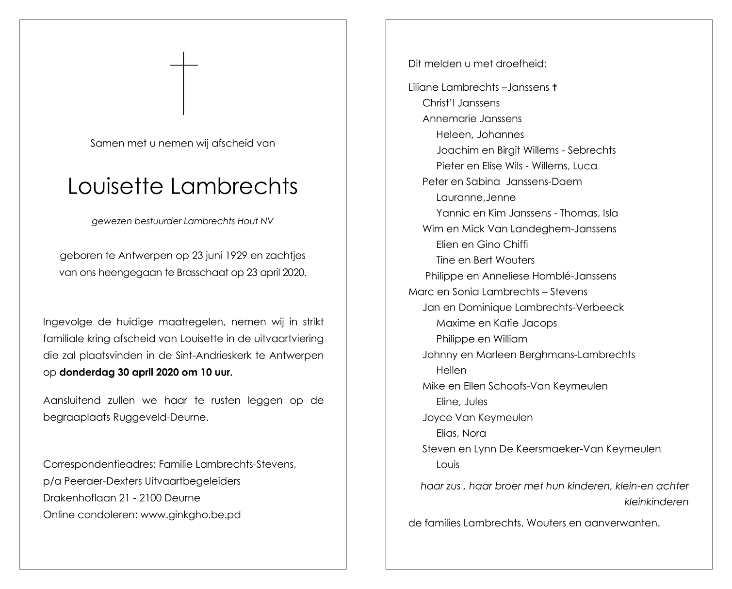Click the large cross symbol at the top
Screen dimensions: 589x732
coord(184,82)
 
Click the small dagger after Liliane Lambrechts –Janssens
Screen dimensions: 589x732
coord(554,87)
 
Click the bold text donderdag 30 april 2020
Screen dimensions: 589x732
coord(114,373)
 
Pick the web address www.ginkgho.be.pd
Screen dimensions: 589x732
coord(191,515)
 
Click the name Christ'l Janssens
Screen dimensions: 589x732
coord(461,103)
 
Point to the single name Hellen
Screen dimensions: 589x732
coord(451,370)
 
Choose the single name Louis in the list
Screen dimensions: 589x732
coord(448,464)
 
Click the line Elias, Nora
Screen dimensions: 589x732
coord(461,433)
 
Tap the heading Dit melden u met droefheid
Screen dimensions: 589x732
coord(477,64)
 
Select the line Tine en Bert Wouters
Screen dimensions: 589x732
coord(485,260)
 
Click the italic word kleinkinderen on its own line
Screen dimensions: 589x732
coord(656,502)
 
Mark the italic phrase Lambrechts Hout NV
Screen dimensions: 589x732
coord(230,221)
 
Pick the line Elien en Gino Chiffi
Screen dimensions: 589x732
coord(482,245)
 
